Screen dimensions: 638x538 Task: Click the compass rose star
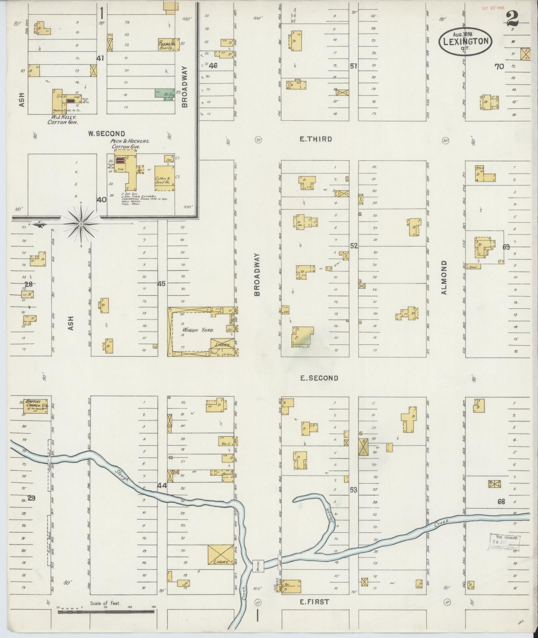tap(81, 224)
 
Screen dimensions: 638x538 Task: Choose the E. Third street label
tap(316, 139)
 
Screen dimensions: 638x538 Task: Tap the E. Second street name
tap(319, 378)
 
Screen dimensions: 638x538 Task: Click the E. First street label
tap(314, 602)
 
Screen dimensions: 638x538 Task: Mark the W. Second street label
tap(106, 134)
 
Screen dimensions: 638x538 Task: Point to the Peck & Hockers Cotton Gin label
tap(130, 144)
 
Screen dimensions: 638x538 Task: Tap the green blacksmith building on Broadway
tap(165, 93)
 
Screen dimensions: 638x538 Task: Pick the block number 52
tap(354, 246)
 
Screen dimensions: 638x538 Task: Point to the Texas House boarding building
tap(168, 44)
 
